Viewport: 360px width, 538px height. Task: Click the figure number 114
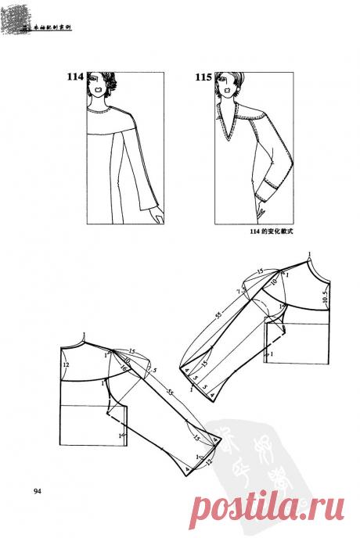74,77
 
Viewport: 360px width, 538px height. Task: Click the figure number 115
202,77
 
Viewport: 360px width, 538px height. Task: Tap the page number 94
38,491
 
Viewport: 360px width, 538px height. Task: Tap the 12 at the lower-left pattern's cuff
208,463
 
